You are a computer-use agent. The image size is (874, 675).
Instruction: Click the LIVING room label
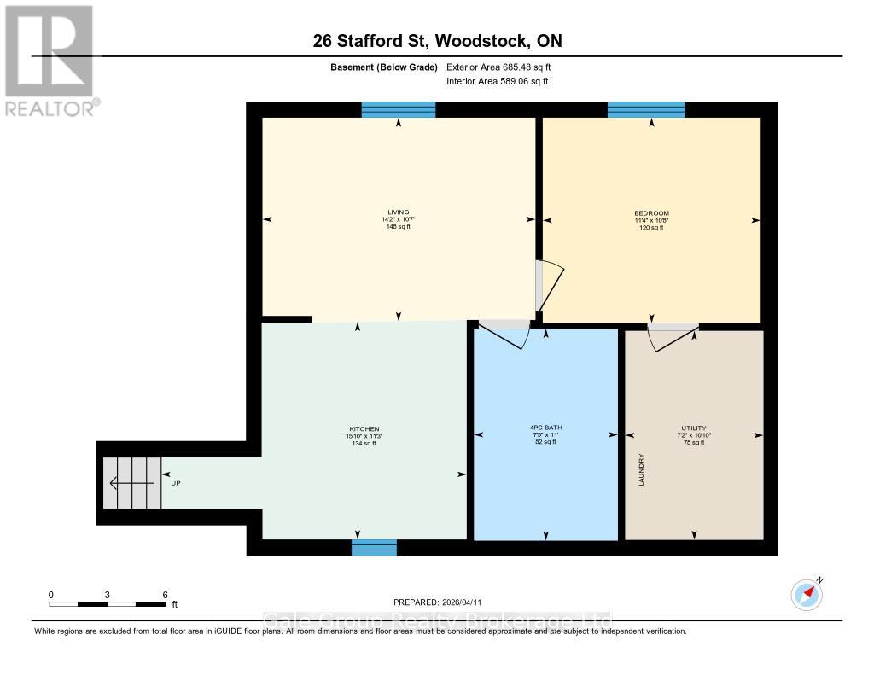click(397, 212)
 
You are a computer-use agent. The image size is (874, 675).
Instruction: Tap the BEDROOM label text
click(651, 213)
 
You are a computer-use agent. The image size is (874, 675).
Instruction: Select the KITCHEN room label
click(364, 429)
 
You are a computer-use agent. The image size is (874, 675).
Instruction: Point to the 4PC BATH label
click(545, 428)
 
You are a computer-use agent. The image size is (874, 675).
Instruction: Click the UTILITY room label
click(693, 428)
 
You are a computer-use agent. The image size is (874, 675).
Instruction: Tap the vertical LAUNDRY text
click(640, 470)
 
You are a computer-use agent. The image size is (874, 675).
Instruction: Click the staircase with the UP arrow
click(131, 483)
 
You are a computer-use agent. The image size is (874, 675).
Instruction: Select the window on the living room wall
click(398, 109)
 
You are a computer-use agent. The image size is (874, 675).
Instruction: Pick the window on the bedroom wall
click(646, 109)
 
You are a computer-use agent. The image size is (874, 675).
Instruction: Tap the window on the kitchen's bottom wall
click(374, 548)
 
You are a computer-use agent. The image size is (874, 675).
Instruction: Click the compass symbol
click(807, 594)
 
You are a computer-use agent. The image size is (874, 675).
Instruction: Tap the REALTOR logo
click(50, 61)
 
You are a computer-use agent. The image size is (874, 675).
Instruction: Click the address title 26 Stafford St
click(436, 41)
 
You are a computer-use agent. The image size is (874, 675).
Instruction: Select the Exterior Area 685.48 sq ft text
click(504, 67)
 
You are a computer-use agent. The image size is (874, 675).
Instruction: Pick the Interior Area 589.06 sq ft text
click(497, 82)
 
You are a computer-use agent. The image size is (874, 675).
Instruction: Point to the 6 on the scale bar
click(164, 595)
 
